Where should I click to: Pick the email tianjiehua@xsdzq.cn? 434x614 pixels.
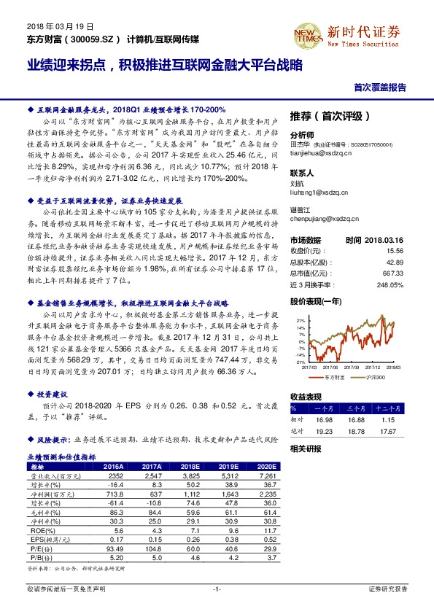click(x=320, y=154)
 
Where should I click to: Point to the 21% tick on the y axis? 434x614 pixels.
click(x=299, y=320)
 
